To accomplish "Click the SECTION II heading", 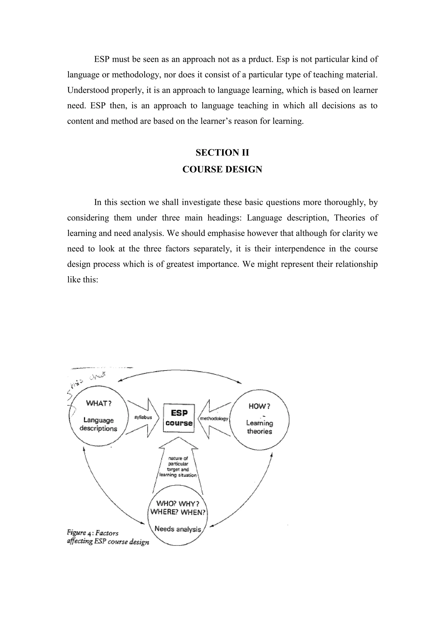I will coord(222,153).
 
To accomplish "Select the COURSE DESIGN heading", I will coord(222,169).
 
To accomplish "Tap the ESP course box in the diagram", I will coord(179,418).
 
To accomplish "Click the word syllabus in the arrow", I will coord(143,417).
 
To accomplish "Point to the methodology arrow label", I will coord(214,419).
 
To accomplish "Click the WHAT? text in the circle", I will coord(99,404).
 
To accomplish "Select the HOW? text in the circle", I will coord(259,406).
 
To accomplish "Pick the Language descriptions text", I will coord(98,424).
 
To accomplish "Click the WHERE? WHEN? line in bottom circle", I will coord(178,512).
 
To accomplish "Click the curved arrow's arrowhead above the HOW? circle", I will coord(239,382).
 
